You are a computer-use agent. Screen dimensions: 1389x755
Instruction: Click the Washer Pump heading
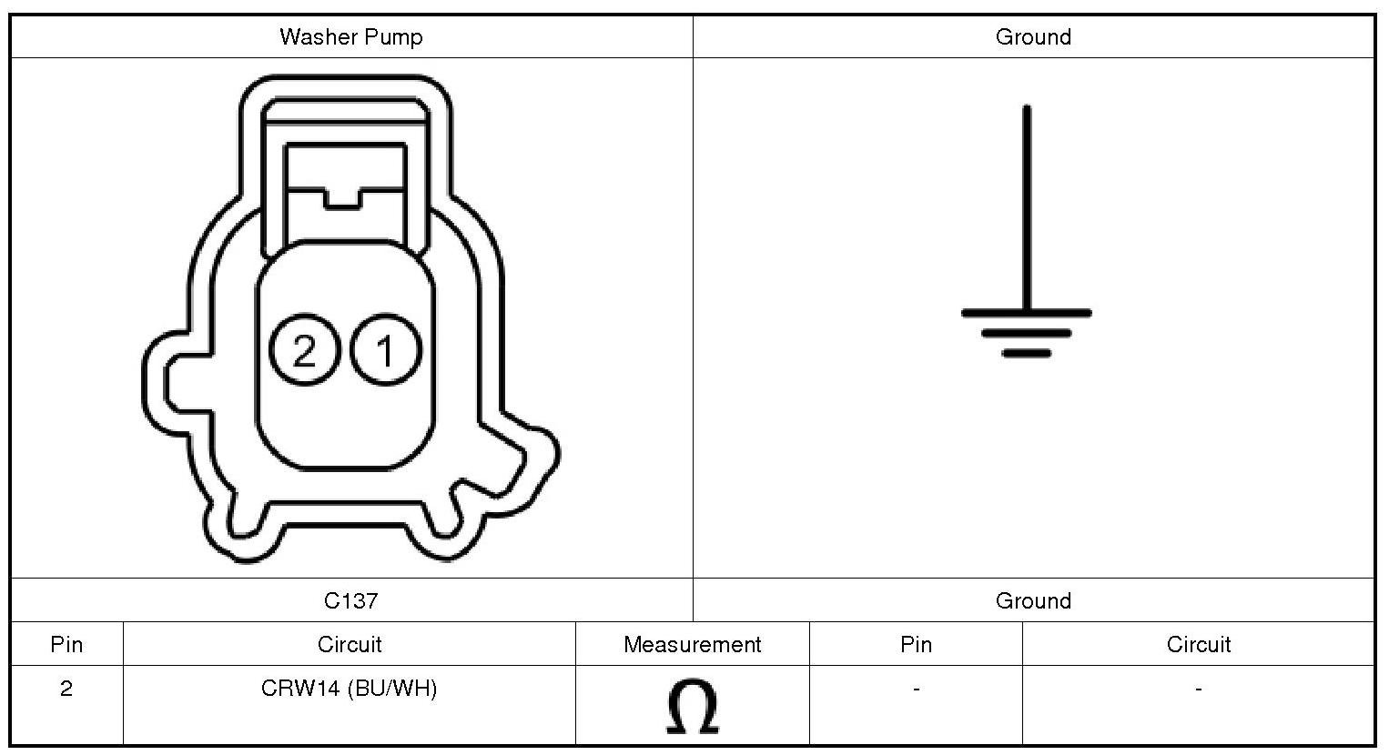pyautogui.click(x=351, y=37)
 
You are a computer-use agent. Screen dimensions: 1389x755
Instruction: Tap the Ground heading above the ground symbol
pyautogui.click(x=1033, y=37)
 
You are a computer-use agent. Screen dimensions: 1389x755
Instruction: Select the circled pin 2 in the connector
pyautogui.click(x=304, y=350)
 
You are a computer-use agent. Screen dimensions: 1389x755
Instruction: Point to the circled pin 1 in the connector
pyautogui.click(x=386, y=350)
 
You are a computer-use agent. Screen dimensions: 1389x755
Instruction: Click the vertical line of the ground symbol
pyautogui.click(x=1027, y=207)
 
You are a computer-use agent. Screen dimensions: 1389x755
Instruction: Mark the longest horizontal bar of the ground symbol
pyautogui.click(x=1026, y=313)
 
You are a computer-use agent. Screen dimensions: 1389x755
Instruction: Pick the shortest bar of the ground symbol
pyautogui.click(x=1026, y=353)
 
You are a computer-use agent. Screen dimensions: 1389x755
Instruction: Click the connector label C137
pyautogui.click(x=351, y=600)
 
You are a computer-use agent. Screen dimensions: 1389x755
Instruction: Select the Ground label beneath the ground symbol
pyautogui.click(x=1033, y=600)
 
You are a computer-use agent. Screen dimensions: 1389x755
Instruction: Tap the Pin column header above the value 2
pyautogui.click(x=66, y=645)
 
